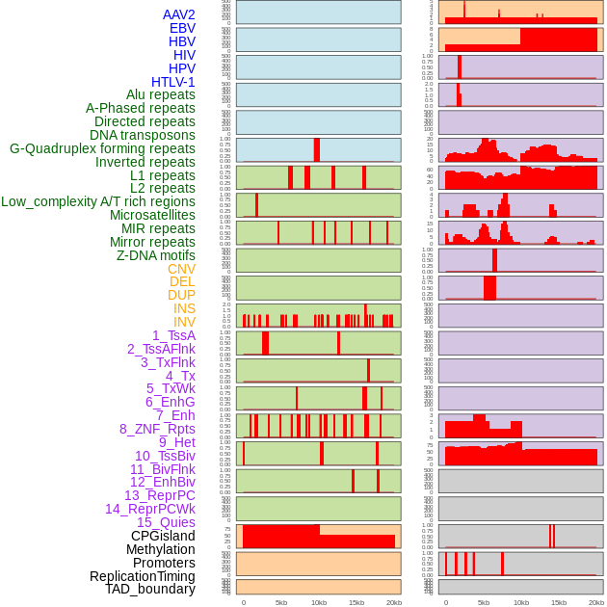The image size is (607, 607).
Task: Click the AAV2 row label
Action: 179,14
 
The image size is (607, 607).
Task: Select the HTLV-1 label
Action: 173,82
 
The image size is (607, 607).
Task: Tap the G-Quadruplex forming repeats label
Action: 102,148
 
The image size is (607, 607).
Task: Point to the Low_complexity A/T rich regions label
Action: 98,201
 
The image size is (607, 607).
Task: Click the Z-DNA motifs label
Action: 156,255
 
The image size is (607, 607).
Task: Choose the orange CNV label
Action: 181,269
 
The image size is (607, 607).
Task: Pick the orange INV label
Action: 184,322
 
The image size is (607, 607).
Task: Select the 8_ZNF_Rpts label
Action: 157,429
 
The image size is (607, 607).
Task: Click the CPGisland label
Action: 163,536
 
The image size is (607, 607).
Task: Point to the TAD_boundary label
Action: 150,589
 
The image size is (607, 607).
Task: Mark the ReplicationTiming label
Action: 143,576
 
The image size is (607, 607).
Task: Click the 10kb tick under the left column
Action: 318,602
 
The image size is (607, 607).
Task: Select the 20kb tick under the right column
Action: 596,602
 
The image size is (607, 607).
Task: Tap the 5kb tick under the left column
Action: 281,602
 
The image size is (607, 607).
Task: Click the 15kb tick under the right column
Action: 559,602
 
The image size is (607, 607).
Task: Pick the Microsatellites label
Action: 152,215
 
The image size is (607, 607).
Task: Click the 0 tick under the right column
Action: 445,602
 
